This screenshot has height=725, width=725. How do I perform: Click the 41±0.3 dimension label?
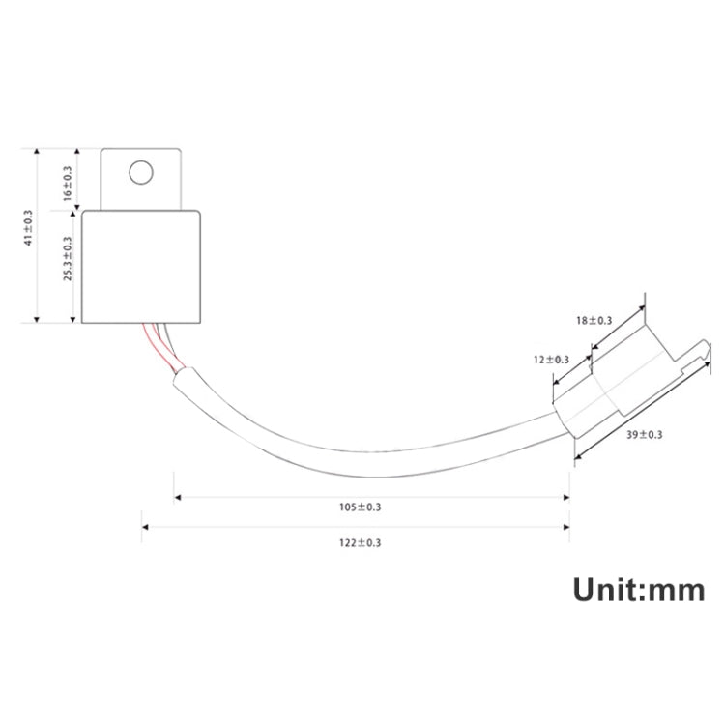[28, 228]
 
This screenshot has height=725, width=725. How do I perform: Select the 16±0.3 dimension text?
[67, 183]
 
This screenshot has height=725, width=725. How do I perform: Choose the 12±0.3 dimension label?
[551, 360]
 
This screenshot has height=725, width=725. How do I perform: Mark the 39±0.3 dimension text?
[645, 435]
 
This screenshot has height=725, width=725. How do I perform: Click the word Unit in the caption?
[609, 589]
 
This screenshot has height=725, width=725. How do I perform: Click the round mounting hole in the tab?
[141, 173]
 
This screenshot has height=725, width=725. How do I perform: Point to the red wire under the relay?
[154, 343]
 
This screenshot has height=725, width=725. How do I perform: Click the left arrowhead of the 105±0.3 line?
[177, 499]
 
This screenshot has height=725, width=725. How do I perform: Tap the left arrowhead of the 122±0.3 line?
[145, 527]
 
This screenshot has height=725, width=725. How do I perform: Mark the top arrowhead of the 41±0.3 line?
[37, 153]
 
